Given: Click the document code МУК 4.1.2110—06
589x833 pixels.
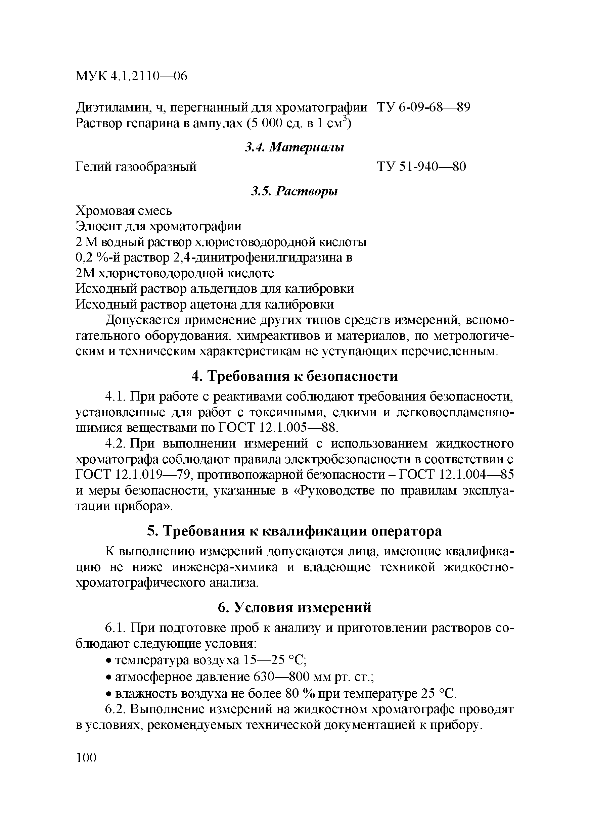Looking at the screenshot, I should point(131,76).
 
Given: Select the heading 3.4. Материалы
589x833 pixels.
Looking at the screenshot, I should point(294,147).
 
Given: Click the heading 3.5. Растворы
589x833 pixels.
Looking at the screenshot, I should point(294,191).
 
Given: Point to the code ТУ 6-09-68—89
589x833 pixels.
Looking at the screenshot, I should point(423,107).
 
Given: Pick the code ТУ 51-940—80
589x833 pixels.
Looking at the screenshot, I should point(421,167).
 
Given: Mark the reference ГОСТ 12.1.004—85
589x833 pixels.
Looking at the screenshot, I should point(456,475).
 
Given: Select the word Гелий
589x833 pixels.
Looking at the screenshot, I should point(93,167).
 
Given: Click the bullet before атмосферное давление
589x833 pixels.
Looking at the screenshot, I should point(108,677).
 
